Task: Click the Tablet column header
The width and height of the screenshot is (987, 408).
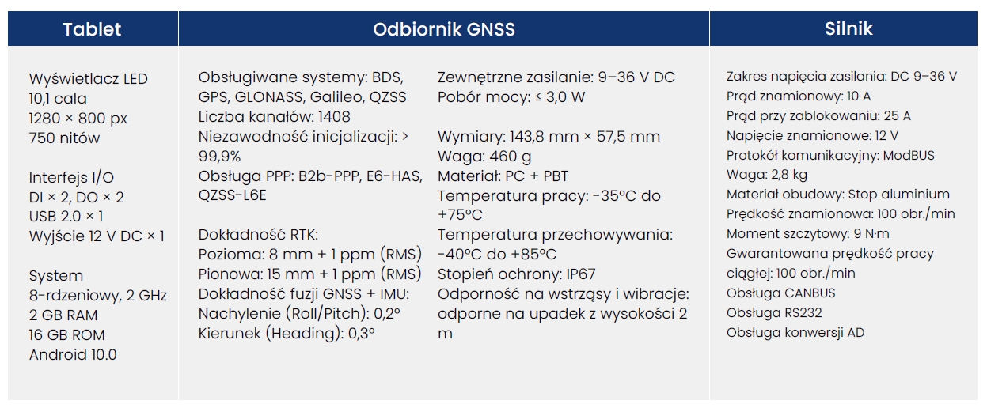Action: (x=92, y=29)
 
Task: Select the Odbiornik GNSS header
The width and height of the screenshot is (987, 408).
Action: (x=444, y=29)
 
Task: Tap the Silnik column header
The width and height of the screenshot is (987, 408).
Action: (x=848, y=28)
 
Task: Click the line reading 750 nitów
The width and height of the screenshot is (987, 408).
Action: (x=64, y=138)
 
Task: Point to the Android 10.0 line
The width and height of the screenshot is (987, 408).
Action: (x=73, y=355)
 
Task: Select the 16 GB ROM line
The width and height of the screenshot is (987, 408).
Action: (x=67, y=335)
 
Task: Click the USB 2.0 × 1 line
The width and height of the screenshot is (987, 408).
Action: (x=66, y=217)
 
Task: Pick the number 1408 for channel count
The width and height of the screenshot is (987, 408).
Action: (x=334, y=117)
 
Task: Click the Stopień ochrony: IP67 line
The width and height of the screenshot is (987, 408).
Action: (x=516, y=274)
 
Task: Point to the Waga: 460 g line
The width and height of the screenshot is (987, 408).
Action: (x=484, y=157)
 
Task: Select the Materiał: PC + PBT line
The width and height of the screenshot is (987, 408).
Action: (x=503, y=176)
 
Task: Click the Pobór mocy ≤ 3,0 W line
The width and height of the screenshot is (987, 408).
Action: (x=511, y=96)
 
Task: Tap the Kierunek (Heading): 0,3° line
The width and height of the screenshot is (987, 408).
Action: (x=287, y=333)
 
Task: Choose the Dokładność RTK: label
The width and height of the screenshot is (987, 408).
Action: (x=258, y=235)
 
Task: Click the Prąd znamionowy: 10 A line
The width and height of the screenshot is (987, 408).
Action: (x=799, y=96)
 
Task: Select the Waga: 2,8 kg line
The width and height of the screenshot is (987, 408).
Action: (x=767, y=175)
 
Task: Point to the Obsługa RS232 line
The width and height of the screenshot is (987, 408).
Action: (x=774, y=313)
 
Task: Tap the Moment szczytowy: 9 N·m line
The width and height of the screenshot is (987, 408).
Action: (x=807, y=234)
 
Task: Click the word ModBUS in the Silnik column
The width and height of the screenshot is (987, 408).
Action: (x=909, y=155)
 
